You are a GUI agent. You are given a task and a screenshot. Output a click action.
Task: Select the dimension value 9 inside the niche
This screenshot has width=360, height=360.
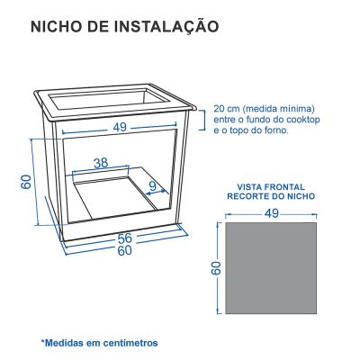153,187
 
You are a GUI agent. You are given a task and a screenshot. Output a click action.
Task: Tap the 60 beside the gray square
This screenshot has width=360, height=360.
216,268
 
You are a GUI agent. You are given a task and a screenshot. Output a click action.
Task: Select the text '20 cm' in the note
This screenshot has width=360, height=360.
226,106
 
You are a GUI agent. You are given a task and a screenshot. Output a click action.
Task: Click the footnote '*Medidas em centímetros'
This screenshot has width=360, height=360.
99,342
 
